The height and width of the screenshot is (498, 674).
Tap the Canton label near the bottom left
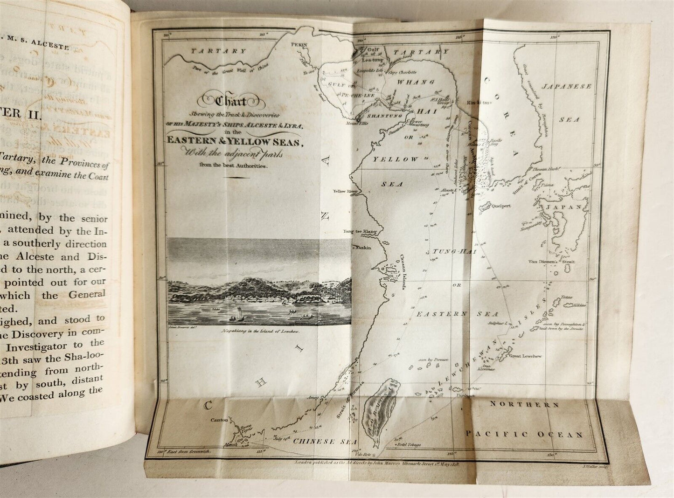point(219,420)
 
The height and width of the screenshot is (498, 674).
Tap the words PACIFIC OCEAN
point(525,435)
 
